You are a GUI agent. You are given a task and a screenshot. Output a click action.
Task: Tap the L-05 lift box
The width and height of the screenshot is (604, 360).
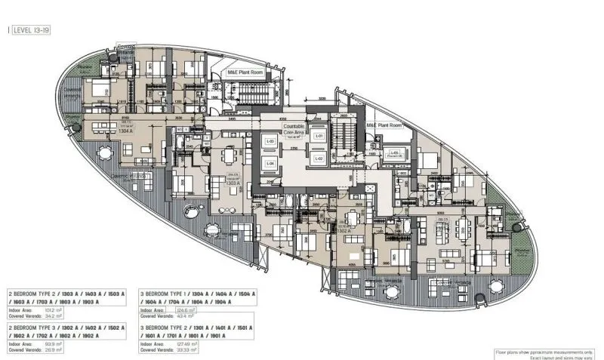394,153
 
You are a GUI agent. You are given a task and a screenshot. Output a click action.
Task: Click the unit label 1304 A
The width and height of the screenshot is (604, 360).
126,129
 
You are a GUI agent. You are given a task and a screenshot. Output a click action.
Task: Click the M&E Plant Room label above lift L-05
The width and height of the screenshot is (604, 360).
382,125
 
